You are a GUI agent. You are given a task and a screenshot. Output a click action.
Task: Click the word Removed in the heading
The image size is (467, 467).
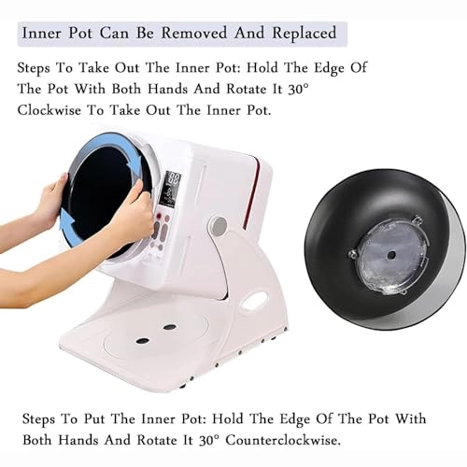193,33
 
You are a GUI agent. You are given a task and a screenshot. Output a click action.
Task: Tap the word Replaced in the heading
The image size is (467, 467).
304,34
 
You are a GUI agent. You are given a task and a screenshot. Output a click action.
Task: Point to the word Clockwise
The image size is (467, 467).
49,110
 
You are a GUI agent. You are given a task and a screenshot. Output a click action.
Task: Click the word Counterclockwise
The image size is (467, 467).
282,440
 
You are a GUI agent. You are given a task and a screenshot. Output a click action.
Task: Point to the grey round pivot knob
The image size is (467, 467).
219,225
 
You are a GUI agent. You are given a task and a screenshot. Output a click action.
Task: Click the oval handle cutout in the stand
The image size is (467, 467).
255,300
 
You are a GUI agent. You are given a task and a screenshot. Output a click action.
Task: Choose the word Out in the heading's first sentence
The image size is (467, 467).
126,67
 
